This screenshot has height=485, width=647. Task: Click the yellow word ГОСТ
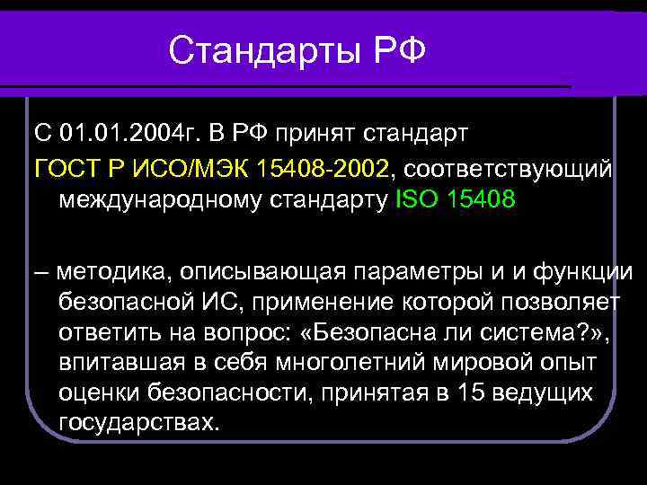click(x=66, y=168)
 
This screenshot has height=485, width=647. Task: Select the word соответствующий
click(x=510, y=168)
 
